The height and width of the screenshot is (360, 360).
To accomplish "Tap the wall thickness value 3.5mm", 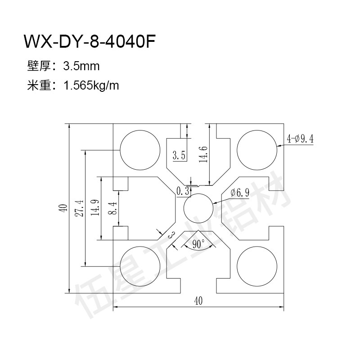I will (x=81, y=67).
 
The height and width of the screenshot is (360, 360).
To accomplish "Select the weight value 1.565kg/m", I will (x=92, y=85).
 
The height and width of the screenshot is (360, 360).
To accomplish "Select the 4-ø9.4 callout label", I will (x=299, y=139).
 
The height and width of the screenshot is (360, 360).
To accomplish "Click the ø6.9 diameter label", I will (x=239, y=193).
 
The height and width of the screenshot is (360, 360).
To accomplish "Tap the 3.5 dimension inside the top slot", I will (x=179, y=156).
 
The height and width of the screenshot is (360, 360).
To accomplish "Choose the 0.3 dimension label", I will (x=183, y=191).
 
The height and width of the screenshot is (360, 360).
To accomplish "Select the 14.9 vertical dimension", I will (x=94, y=208).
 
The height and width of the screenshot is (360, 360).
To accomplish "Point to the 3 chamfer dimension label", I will (x=171, y=234).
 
